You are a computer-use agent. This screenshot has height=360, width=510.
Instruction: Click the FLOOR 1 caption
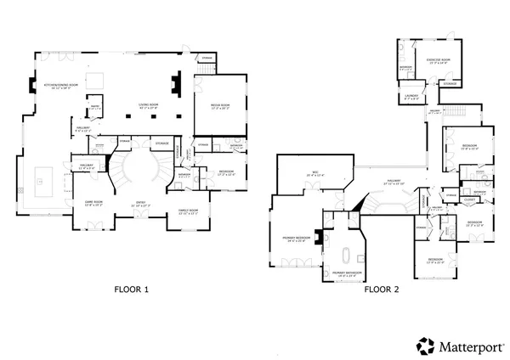[x=132, y=290]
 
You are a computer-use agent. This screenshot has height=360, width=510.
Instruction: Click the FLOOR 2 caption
[x=382, y=290]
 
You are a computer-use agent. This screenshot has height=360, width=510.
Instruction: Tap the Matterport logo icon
[x=424, y=345]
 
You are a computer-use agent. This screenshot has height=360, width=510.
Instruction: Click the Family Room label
[x=188, y=211]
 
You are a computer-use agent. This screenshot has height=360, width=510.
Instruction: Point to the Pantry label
[x=97, y=108]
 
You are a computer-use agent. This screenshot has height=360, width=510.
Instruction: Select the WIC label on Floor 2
[x=314, y=175]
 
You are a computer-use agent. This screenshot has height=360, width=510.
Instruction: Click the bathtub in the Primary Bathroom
[x=345, y=256]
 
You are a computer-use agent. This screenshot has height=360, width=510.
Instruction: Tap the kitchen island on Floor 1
[x=43, y=179]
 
